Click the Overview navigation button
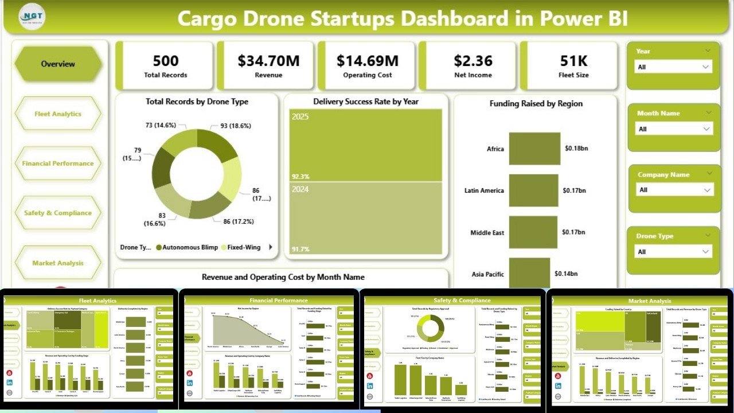[x=58, y=64]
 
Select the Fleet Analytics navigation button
[x=58, y=114]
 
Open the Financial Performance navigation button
[x=58, y=163]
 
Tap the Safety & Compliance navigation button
[x=58, y=213]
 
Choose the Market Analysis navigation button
[x=58, y=263]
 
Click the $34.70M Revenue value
[x=268, y=61]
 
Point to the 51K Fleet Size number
[x=574, y=61]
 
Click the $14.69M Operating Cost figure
[x=368, y=61]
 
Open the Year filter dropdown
[x=673, y=67]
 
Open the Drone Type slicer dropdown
[x=673, y=252]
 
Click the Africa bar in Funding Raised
[x=534, y=149]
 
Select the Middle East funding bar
[x=533, y=232]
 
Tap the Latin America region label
[x=484, y=190]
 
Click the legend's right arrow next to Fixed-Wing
[x=271, y=248]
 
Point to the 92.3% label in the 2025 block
[x=301, y=177]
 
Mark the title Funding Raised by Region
[x=536, y=104]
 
